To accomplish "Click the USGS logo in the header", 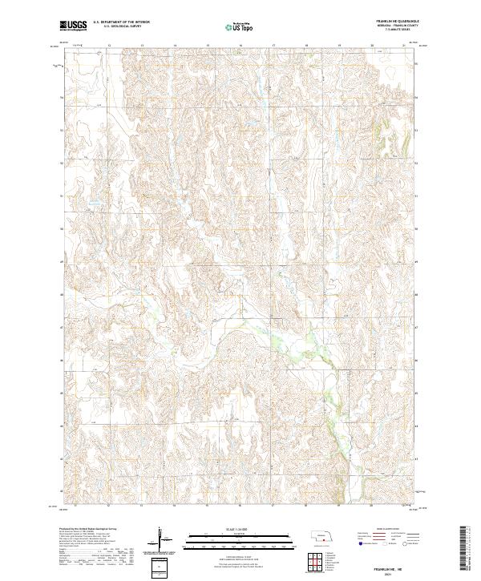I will click(x=74, y=26).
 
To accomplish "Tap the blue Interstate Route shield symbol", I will click(x=359, y=543).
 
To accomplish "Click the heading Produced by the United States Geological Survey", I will click(x=88, y=530).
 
